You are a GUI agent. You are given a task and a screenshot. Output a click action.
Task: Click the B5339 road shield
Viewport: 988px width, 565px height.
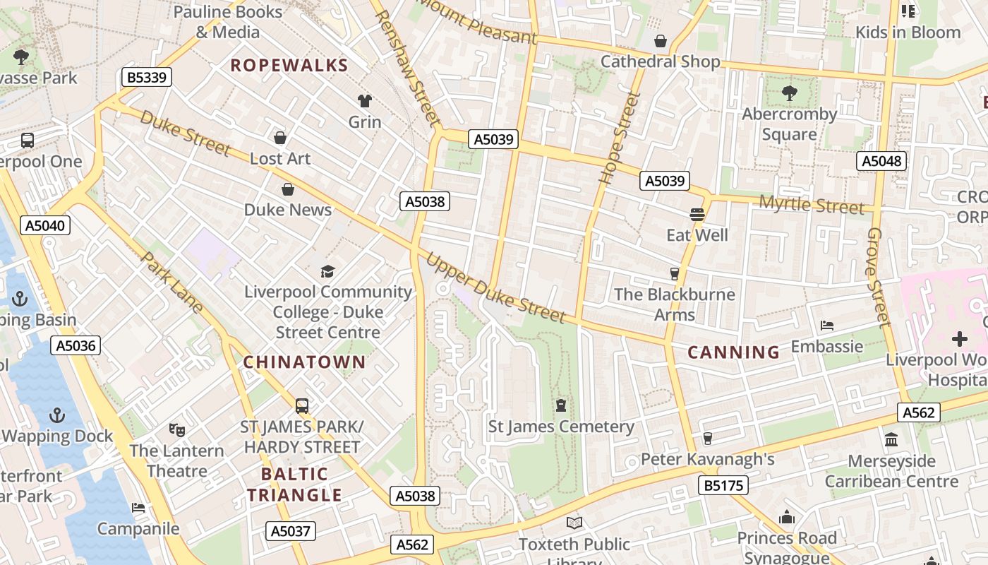click(147, 77)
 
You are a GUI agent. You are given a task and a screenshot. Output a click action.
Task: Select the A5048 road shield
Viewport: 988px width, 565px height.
click(882, 161)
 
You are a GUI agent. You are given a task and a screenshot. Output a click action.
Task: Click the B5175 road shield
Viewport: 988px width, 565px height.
click(723, 485)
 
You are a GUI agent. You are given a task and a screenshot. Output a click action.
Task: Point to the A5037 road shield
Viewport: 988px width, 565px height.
click(291, 531)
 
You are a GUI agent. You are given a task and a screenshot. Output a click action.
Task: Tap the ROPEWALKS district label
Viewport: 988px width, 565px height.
click(289, 66)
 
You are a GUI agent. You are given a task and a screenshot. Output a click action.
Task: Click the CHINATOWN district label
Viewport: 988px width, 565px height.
click(305, 362)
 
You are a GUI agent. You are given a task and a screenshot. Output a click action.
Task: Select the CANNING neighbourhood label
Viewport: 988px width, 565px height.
click(734, 352)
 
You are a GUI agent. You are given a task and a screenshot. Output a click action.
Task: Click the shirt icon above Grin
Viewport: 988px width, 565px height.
click(365, 101)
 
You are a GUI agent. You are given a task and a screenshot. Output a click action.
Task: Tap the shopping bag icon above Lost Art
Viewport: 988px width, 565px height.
click(280, 138)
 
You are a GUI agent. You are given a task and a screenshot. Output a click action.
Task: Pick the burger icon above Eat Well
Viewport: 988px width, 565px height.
click(697, 214)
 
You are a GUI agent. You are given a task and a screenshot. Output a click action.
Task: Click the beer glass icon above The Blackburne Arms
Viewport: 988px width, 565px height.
click(674, 273)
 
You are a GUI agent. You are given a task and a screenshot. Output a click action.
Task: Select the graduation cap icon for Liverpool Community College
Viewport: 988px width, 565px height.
click(327, 271)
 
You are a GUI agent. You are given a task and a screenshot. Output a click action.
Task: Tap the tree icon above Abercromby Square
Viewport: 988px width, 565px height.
click(789, 93)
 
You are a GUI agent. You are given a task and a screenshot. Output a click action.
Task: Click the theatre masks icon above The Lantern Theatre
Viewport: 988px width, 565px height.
click(176, 429)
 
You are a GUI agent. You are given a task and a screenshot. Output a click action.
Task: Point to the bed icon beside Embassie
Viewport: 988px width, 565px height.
click(827, 326)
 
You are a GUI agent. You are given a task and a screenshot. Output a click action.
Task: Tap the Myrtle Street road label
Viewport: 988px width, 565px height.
click(812, 206)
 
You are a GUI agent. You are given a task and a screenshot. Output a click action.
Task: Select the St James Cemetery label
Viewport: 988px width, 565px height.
click(562, 427)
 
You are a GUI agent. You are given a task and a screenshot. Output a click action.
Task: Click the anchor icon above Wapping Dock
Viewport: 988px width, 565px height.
click(57, 415)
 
